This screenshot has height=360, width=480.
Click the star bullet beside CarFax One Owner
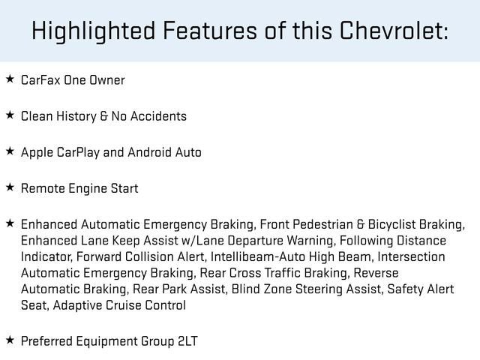[10, 79]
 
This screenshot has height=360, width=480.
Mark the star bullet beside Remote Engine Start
[10, 187]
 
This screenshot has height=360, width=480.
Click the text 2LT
[187, 341]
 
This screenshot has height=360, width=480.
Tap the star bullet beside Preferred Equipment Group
[10, 340]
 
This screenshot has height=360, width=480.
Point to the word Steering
[315, 289]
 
